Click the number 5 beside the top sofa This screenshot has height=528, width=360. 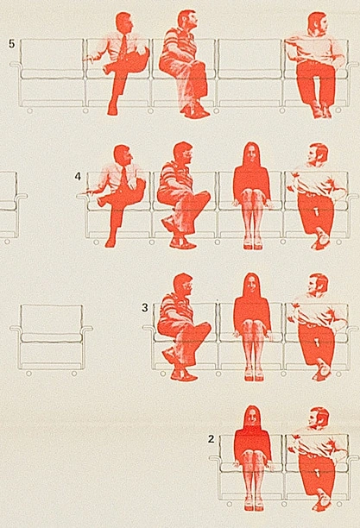pyautogui.click(x=12, y=44)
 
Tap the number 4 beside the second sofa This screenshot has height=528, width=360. pyautogui.click(x=78, y=176)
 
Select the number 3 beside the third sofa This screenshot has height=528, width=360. pyautogui.click(x=145, y=307)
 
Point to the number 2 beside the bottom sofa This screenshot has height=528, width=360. pyautogui.click(x=211, y=439)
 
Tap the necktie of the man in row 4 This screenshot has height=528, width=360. pyautogui.click(x=124, y=179)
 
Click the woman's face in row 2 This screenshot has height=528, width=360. pyautogui.click(x=252, y=419)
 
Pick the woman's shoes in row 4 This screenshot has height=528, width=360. pyautogui.click(x=253, y=245)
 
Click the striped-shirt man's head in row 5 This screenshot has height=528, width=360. pyautogui.click(x=186, y=21)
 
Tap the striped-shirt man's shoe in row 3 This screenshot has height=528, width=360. pyautogui.click(x=184, y=375)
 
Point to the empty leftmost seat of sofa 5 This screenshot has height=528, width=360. pyautogui.click(x=51, y=72)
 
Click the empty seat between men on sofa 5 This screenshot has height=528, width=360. pyautogui.click(x=249, y=72)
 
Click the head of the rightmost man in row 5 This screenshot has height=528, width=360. pyautogui.click(x=319, y=23)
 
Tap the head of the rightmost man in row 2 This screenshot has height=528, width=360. pyautogui.click(x=319, y=418)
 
